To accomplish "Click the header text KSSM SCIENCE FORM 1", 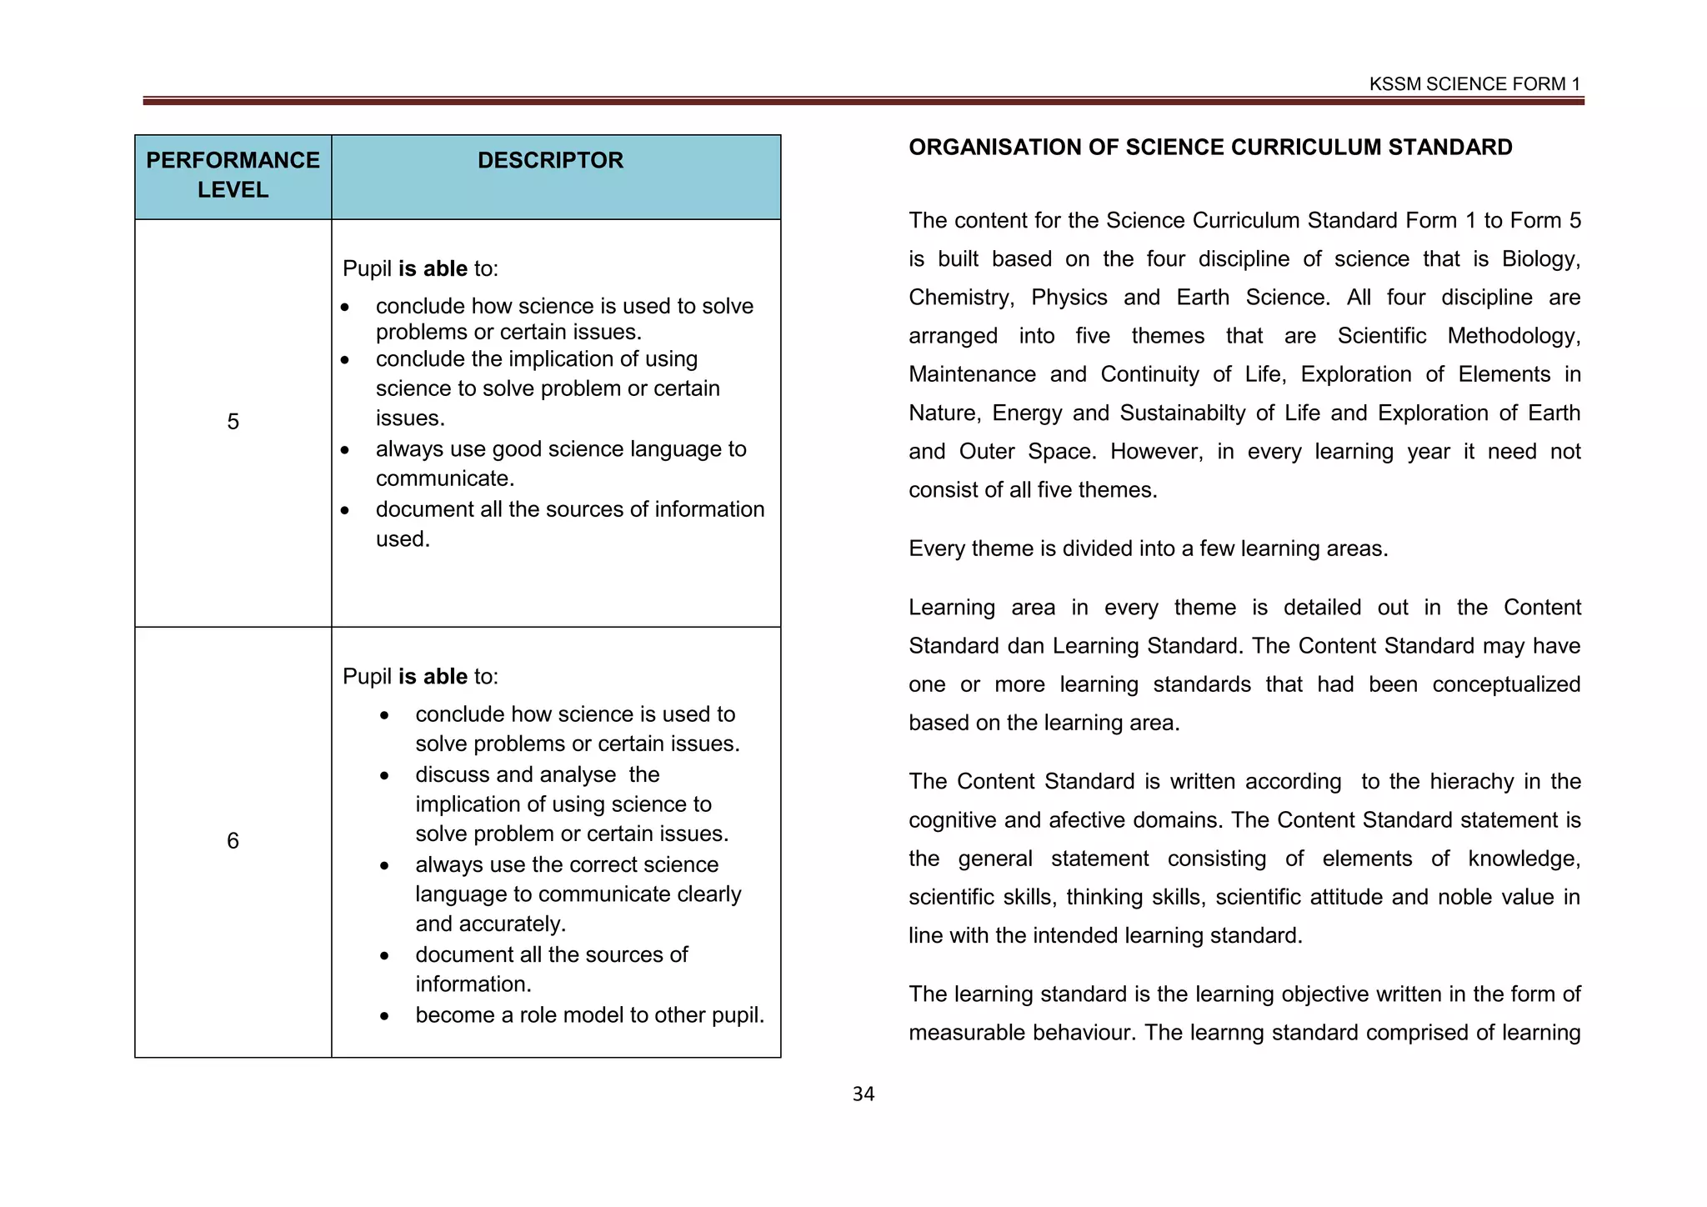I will pos(1474,84).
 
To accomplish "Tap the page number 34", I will pos(863,1094).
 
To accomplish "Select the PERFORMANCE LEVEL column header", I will pos(233,175).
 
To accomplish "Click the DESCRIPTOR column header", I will pos(550,160).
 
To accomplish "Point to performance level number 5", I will pos(233,422).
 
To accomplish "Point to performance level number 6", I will pos(233,840).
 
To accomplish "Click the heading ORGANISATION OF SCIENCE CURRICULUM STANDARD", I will pos(1209,148).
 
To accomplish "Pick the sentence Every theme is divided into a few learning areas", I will pos(1148,548).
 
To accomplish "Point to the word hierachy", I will pos(1471,782).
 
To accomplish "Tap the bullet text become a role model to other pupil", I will pos(589,1015).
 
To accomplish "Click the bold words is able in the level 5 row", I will pos(433,268).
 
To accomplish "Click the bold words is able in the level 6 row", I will pos(433,676).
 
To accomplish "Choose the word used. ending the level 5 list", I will pos(403,539).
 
